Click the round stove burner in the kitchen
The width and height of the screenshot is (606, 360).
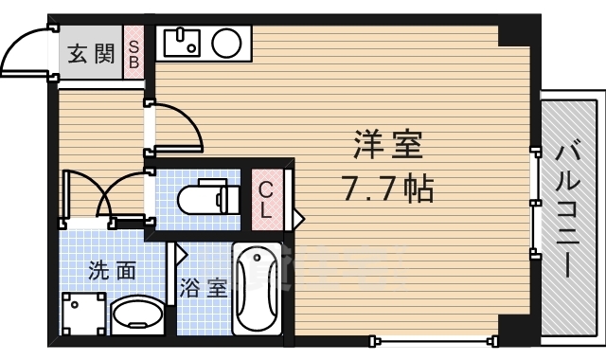tap(225, 43)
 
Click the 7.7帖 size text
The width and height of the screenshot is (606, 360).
tap(387, 189)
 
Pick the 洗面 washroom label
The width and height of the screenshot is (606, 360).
tap(112, 270)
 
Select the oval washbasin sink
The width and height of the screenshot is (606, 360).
tap(136, 314)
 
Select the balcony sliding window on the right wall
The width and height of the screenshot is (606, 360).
tap(534, 198)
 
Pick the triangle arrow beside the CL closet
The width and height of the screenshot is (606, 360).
tap(297, 219)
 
